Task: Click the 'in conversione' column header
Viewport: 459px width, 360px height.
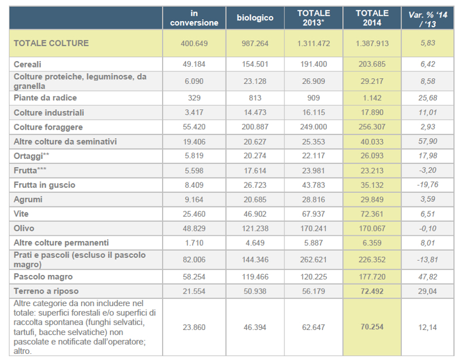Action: [194, 18]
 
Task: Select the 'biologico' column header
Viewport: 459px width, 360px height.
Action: [254, 18]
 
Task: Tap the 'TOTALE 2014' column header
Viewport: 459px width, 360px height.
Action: [372, 18]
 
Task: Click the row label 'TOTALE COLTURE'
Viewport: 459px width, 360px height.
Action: [51, 43]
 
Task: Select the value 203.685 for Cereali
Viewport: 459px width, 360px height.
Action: [372, 65]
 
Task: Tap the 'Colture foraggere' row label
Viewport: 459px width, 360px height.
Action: [48, 127]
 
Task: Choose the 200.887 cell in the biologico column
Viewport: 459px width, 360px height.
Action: [254, 127]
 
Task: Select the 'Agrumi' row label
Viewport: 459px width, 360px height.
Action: [28, 200]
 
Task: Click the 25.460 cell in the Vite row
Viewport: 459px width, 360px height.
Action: [194, 214]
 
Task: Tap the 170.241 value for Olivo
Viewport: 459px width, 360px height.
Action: [313, 228]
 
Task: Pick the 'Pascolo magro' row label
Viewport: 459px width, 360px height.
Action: [43, 277]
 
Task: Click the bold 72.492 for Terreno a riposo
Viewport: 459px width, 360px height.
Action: [372, 291]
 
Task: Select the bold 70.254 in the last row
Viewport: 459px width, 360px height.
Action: [372, 327]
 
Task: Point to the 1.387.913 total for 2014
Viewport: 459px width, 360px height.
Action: [372, 43]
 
